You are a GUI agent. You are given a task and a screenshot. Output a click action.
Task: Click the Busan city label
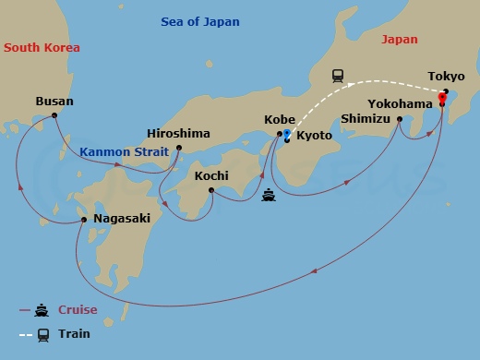coord(54,102)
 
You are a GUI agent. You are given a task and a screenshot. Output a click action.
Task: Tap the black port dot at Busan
coord(55,115)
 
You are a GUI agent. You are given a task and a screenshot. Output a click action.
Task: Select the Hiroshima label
coord(179,133)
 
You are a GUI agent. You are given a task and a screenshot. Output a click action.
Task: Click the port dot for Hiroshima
coord(179,147)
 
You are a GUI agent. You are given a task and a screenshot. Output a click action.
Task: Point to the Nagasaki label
coord(123,220)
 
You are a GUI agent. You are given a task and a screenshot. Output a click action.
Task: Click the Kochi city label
coord(211,175)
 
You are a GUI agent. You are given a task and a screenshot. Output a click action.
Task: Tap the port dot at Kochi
coord(211,191)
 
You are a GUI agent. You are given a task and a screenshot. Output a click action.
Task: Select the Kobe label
coord(280,120)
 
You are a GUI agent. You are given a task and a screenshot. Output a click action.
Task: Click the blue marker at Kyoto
coord(287,135)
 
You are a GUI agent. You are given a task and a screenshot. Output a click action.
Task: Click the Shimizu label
coord(365,119)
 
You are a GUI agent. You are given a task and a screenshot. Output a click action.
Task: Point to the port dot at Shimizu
coord(400,119)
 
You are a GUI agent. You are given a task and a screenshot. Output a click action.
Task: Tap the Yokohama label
coord(400,103)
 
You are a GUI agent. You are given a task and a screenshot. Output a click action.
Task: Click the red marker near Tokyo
coord(442,98)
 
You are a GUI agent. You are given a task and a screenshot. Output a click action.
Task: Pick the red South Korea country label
coord(42,47)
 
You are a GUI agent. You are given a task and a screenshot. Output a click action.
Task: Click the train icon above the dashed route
coord(338,75)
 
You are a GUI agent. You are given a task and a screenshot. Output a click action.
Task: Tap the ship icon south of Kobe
coord(269,195)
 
